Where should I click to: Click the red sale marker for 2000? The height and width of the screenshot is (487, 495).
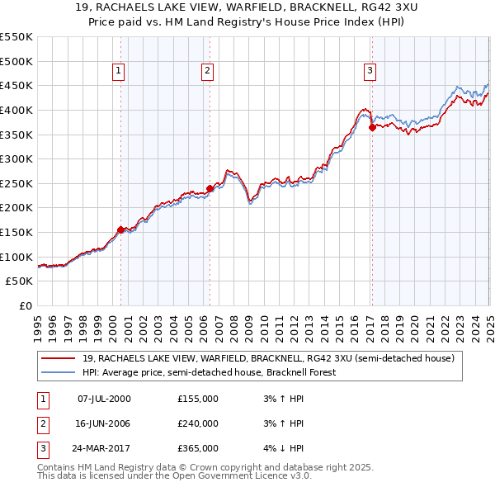pyautogui.click(x=120, y=229)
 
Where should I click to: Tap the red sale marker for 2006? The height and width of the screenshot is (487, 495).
pyautogui.click(x=210, y=188)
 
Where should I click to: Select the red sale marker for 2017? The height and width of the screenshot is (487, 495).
pyautogui.click(x=372, y=127)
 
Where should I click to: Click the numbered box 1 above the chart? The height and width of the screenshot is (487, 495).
pyautogui.click(x=119, y=71)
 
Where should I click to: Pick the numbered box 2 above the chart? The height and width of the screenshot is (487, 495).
pyautogui.click(x=206, y=71)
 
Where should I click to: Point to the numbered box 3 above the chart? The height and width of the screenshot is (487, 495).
pyautogui.click(x=370, y=71)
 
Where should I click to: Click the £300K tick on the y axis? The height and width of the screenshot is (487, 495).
pyautogui.click(x=16, y=158)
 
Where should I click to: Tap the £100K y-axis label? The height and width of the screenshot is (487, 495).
pyautogui.click(x=16, y=257)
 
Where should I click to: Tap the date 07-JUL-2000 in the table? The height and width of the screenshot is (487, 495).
pyautogui.click(x=104, y=399)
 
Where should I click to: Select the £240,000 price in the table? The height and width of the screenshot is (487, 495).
pyautogui.click(x=198, y=423)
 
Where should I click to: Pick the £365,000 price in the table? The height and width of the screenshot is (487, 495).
pyautogui.click(x=198, y=449)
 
